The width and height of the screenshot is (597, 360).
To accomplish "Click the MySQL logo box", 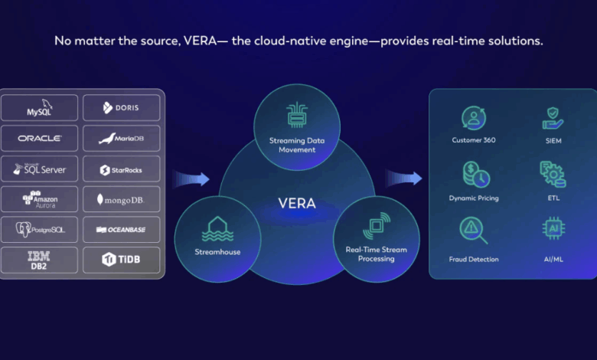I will [40, 108].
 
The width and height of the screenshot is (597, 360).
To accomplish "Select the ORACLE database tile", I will [40, 139].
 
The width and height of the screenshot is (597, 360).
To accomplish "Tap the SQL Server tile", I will [40, 169].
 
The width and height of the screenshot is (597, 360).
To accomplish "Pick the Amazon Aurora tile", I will [40, 199].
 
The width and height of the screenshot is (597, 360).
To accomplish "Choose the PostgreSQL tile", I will [40, 229].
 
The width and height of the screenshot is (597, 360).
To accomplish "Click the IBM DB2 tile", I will [40, 260].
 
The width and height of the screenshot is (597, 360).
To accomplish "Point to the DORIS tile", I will [121, 108].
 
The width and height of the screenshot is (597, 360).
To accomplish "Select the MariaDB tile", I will [121, 139].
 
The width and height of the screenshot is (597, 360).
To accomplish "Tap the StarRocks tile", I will [121, 169].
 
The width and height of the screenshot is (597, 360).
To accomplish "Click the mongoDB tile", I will [121, 199].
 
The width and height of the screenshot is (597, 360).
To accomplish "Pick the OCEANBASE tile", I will [121, 229].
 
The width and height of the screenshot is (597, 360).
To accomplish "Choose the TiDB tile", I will [121, 260].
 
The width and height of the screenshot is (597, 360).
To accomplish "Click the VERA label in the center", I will [296, 204].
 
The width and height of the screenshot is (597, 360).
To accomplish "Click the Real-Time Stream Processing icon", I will [376, 227].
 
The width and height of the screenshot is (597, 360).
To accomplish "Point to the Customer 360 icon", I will [474, 119].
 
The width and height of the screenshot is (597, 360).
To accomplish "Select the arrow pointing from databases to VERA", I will [191, 179].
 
